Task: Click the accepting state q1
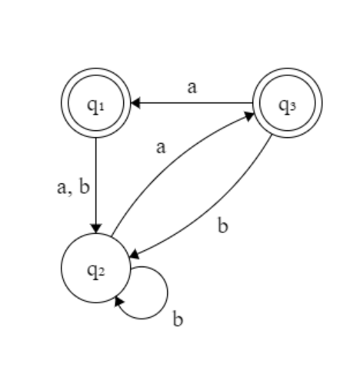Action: tap(95, 102)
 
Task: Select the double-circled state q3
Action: tap(288, 102)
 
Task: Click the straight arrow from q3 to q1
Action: tap(192, 102)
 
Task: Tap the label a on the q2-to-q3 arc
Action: tap(161, 147)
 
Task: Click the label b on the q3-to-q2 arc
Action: tap(223, 227)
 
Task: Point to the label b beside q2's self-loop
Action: tap(178, 319)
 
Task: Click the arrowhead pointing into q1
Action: tap(133, 102)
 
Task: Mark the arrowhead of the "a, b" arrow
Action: tap(95, 227)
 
